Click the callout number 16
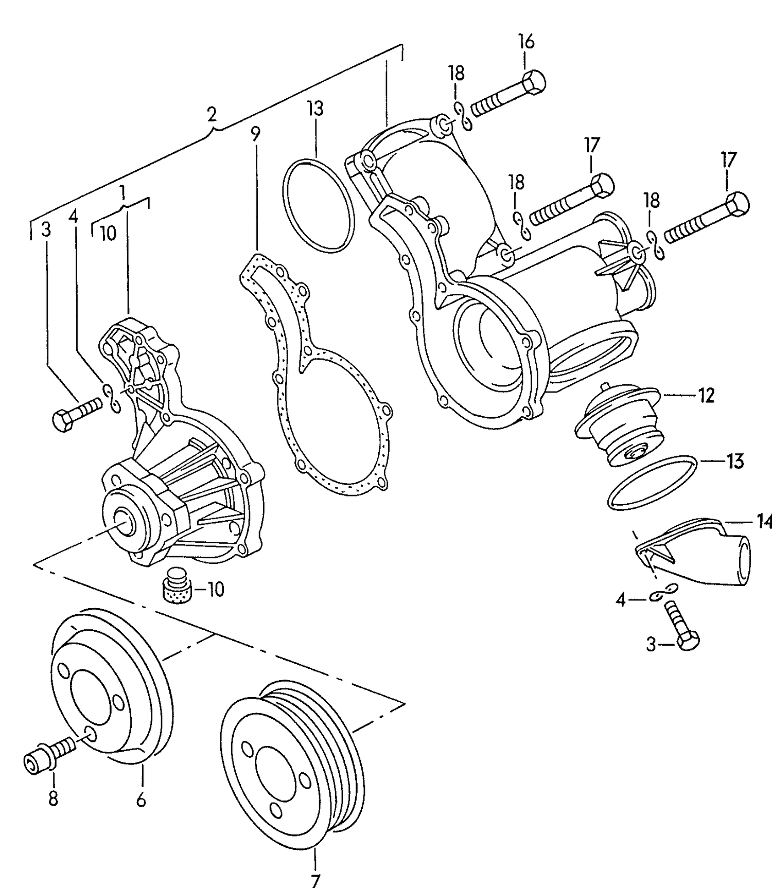[x=526, y=42]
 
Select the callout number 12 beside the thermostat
[x=707, y=395]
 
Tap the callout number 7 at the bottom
[x=315, y=879]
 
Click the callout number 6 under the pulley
[x=141, y=801]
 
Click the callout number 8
[x=53, y=799]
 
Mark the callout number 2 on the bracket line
[x=212, y=114]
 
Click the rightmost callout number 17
[x=729, y=160]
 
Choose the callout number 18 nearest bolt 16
[x=457, y=74]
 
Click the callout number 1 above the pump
[x=122, y=192]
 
